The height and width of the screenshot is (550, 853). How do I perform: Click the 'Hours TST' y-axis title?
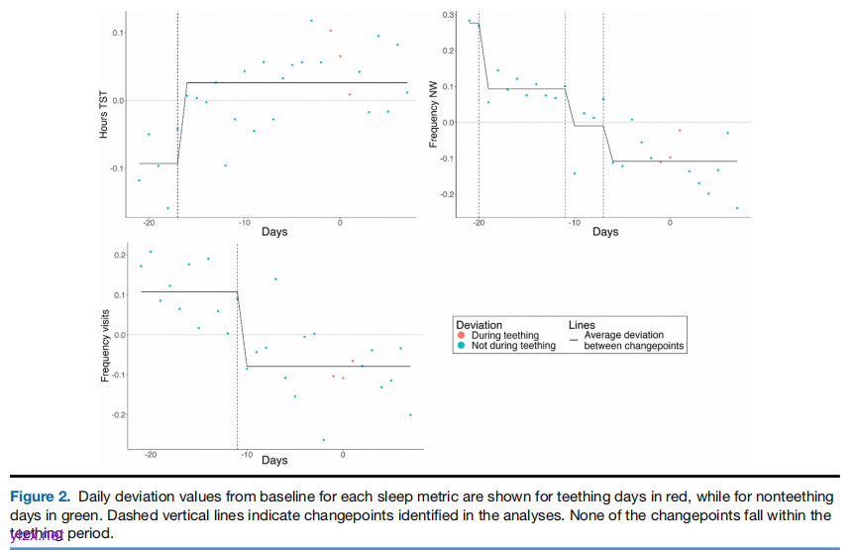point(103,117)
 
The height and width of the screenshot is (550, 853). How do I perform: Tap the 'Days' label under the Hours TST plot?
point(274,232)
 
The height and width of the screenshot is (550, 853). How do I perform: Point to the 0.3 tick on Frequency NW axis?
point(449,16)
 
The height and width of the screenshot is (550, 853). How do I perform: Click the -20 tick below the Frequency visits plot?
point(151,454)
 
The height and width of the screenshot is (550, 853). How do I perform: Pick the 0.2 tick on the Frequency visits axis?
point(119,256)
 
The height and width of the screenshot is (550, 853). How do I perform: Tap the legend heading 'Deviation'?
point(479,325)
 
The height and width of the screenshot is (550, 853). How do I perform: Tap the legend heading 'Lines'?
point(582,325)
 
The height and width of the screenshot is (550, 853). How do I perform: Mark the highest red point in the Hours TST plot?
point(331,31)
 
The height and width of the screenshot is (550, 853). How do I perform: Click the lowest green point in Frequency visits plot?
point(323,440)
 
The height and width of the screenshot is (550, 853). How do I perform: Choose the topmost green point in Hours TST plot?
point(311,20)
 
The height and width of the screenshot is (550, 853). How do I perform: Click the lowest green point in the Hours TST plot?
point(167,208)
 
